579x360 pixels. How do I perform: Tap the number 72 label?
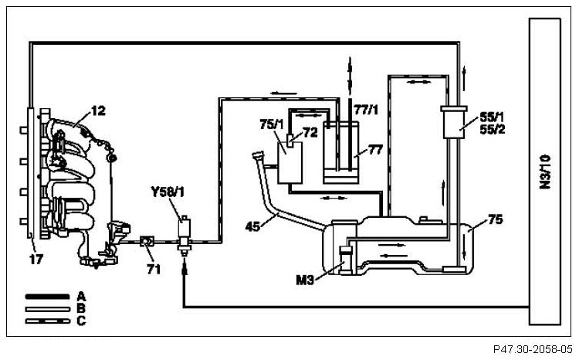click(x=309, y=133)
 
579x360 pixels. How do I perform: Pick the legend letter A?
click(x=80, y=295)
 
